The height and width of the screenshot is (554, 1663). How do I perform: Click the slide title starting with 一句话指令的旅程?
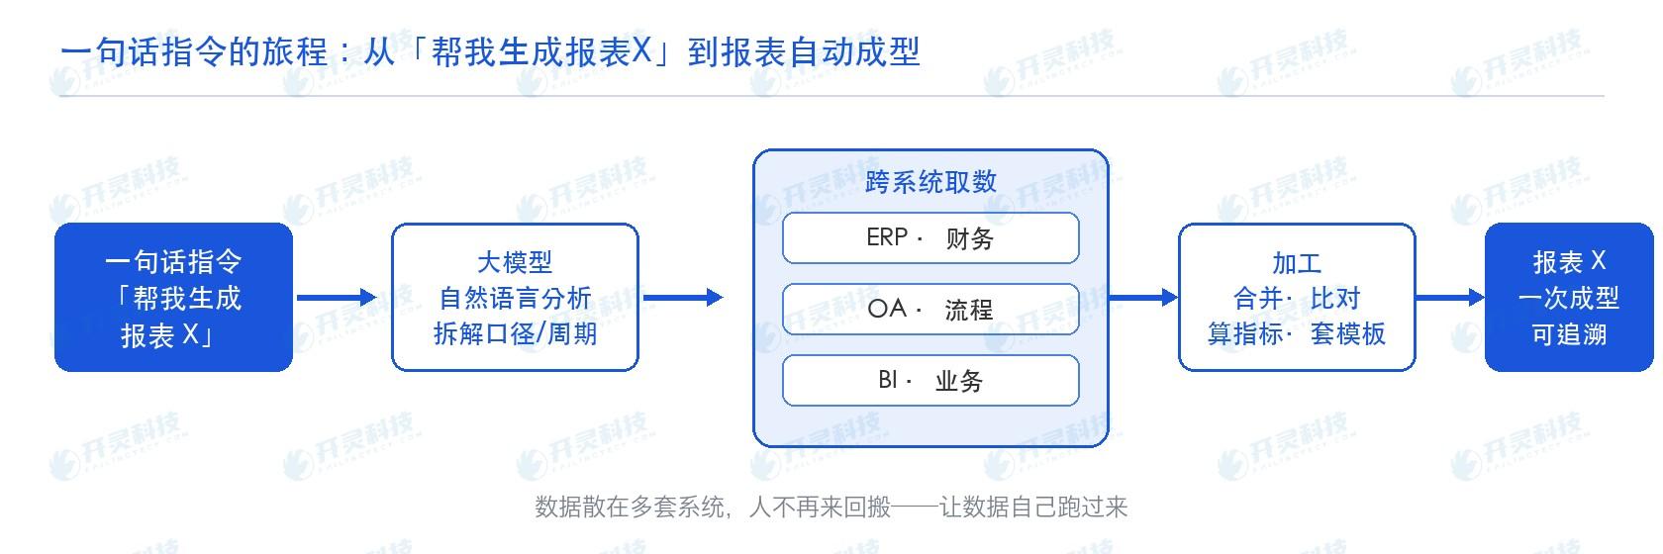490,51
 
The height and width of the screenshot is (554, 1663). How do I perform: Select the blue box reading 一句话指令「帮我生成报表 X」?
174,298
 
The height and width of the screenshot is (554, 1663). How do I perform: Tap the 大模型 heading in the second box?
515,262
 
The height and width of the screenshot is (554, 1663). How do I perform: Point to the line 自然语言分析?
515,298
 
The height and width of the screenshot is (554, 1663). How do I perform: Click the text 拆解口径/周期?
515,333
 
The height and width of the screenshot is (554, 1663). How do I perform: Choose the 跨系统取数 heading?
930,182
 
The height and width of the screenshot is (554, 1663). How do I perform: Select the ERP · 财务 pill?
930,238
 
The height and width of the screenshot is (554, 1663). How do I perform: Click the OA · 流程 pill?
930,310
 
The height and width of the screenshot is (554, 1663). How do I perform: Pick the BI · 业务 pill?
930,381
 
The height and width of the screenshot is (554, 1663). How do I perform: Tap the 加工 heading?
1297,263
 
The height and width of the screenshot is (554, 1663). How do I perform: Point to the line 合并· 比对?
1297,298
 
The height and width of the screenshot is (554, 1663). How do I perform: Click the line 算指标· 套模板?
1297,333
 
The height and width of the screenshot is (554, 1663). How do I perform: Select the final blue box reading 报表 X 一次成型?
1569,298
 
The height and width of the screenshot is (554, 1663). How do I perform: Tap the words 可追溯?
1569,334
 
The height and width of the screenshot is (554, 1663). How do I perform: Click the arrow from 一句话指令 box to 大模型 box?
337,298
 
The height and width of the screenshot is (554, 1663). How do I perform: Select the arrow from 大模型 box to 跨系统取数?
683,298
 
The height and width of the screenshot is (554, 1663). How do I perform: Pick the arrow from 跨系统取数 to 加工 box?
1143,298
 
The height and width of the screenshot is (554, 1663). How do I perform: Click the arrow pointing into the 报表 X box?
1450,298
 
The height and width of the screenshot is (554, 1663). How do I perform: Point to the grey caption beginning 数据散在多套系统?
831,508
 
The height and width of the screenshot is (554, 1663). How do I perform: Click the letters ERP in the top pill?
887,237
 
